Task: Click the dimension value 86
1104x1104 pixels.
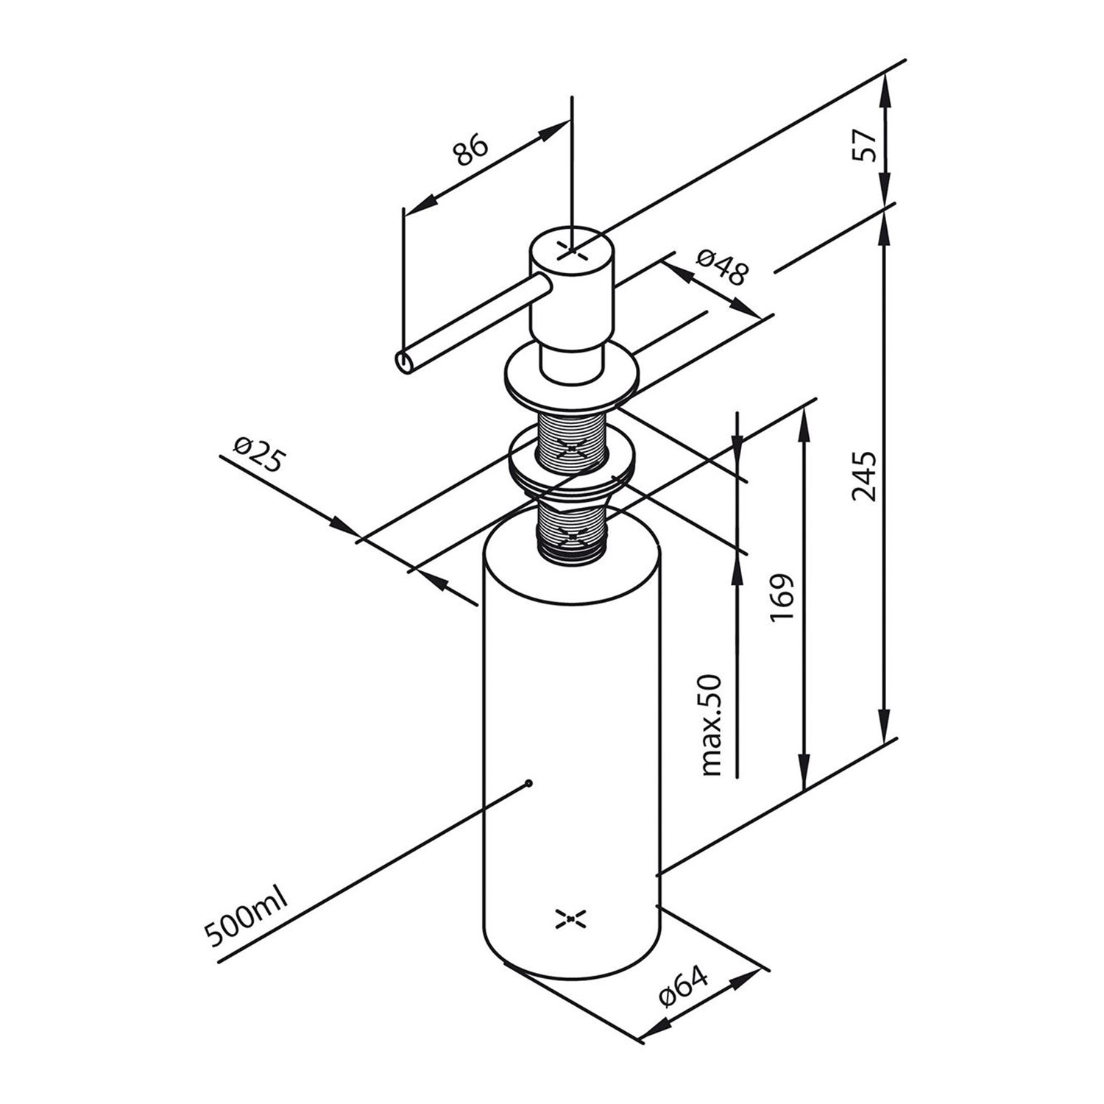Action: [470, 150]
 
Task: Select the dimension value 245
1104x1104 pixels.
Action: [863, 477]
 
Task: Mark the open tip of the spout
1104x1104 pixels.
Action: [406, 361]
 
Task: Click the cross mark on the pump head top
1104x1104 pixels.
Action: [573, 251]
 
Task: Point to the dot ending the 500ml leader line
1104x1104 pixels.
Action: [528, 782]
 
